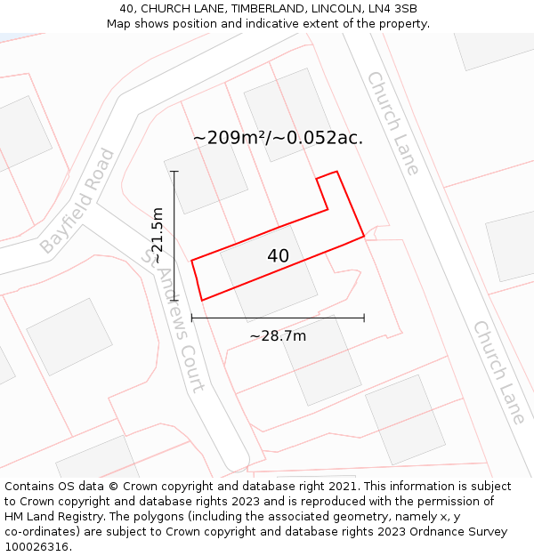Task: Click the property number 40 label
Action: (x=278, y=256)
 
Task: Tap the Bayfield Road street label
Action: (x=77, y=201)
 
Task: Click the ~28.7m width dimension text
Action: (x=278, y=335)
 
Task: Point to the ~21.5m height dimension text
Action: (x=158, y=235)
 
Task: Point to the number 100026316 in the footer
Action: (x=35, y=547)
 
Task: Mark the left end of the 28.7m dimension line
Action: (x=192, y=318)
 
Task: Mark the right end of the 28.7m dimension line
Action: (x=364, y=318)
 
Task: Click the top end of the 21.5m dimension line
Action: (x=174, y=172)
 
